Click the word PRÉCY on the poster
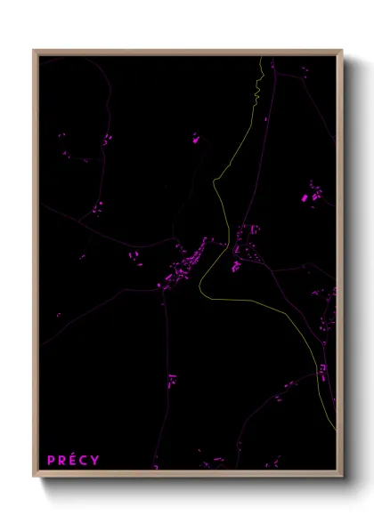tap(74, 460)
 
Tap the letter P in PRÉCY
tap(52, 460)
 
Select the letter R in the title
tap(62, 460)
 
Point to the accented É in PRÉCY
tap(74, 460)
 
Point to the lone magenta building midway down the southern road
tap(172, 380)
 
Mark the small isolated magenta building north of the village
tap(196, 138)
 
